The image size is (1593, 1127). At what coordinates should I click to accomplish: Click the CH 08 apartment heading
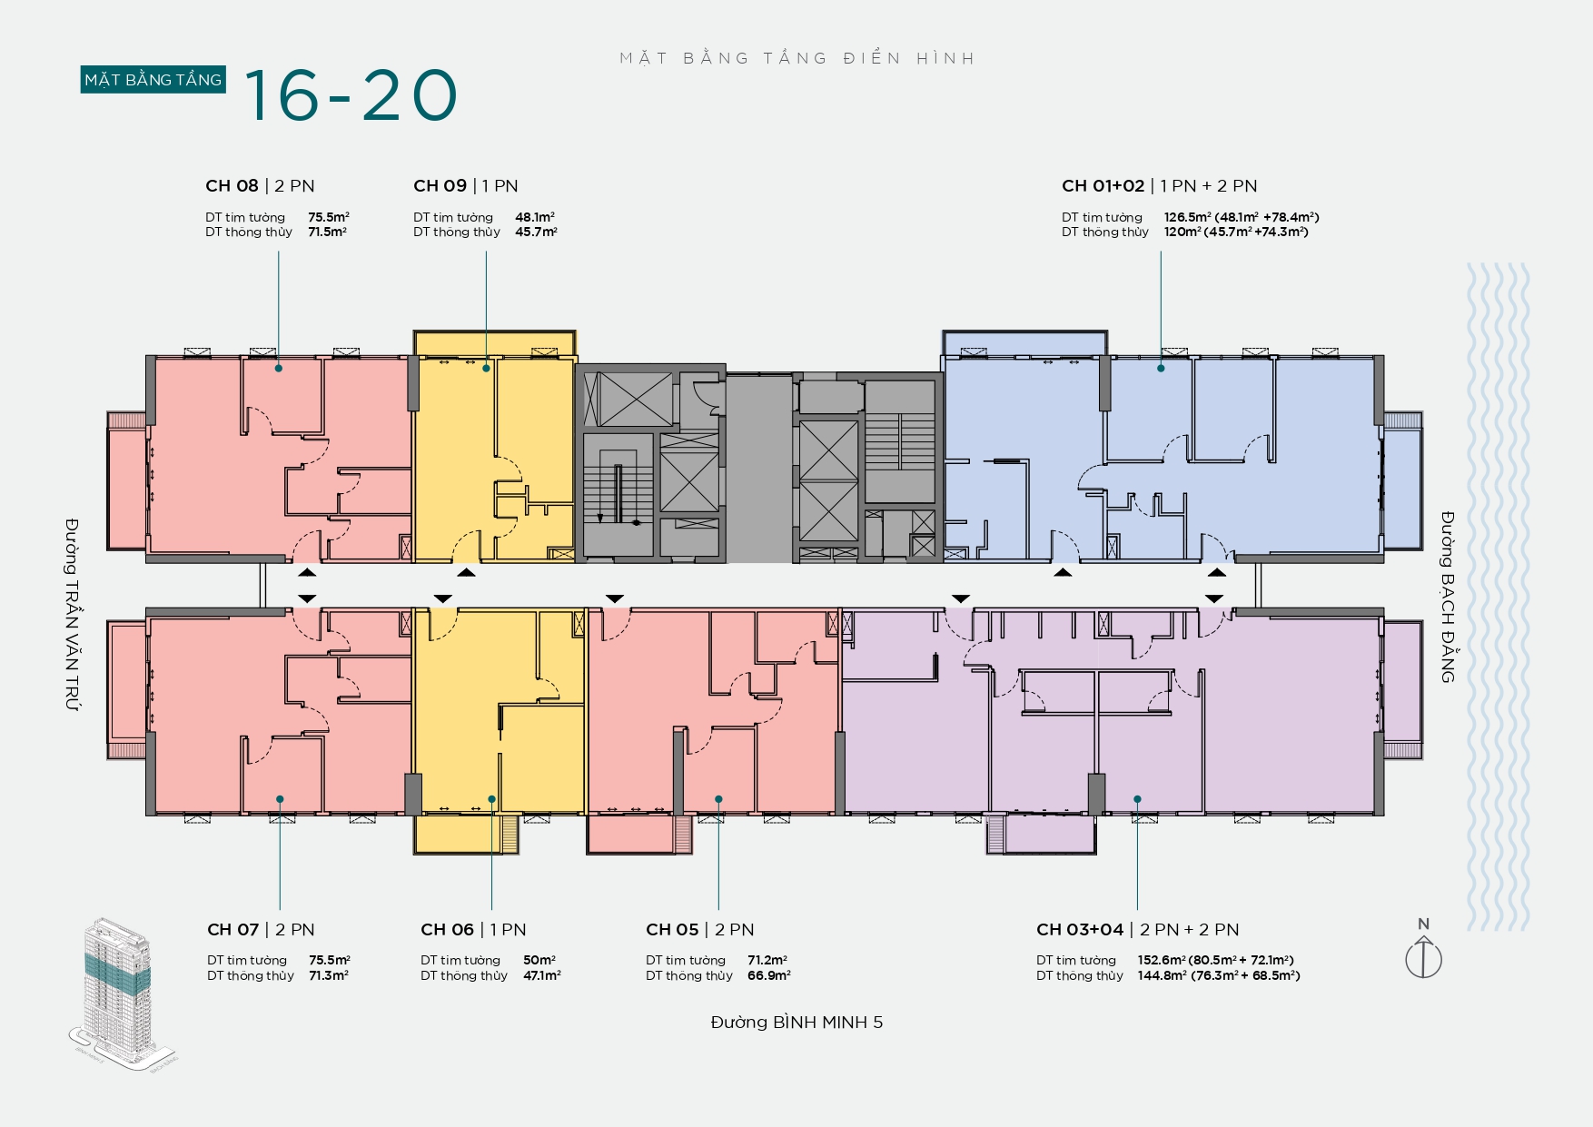260,186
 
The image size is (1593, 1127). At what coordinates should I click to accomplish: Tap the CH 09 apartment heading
466,186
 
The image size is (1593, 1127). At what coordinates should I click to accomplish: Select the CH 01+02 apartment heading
1160,186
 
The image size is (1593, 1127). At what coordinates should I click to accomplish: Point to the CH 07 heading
261,930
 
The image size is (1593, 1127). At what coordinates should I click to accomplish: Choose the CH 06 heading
473,930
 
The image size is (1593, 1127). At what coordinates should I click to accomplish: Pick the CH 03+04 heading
1138,930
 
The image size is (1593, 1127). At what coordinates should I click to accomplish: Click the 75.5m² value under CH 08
329,217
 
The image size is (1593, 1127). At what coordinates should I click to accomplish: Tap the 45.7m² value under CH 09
536,232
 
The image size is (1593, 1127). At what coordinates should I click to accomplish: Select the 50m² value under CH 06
539,960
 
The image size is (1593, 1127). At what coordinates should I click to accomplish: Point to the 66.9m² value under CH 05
769,975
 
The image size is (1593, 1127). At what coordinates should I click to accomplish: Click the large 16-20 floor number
351,95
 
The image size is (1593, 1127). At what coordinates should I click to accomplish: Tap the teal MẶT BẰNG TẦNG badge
153,80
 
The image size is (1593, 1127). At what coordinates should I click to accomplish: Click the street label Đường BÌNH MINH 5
796,1023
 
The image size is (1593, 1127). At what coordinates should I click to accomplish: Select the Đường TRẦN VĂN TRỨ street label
72,615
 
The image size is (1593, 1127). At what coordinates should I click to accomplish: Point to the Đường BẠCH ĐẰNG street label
1448,597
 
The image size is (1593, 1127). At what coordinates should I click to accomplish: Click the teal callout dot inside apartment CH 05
718,799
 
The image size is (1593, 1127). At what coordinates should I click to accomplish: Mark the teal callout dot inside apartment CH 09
486,368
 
